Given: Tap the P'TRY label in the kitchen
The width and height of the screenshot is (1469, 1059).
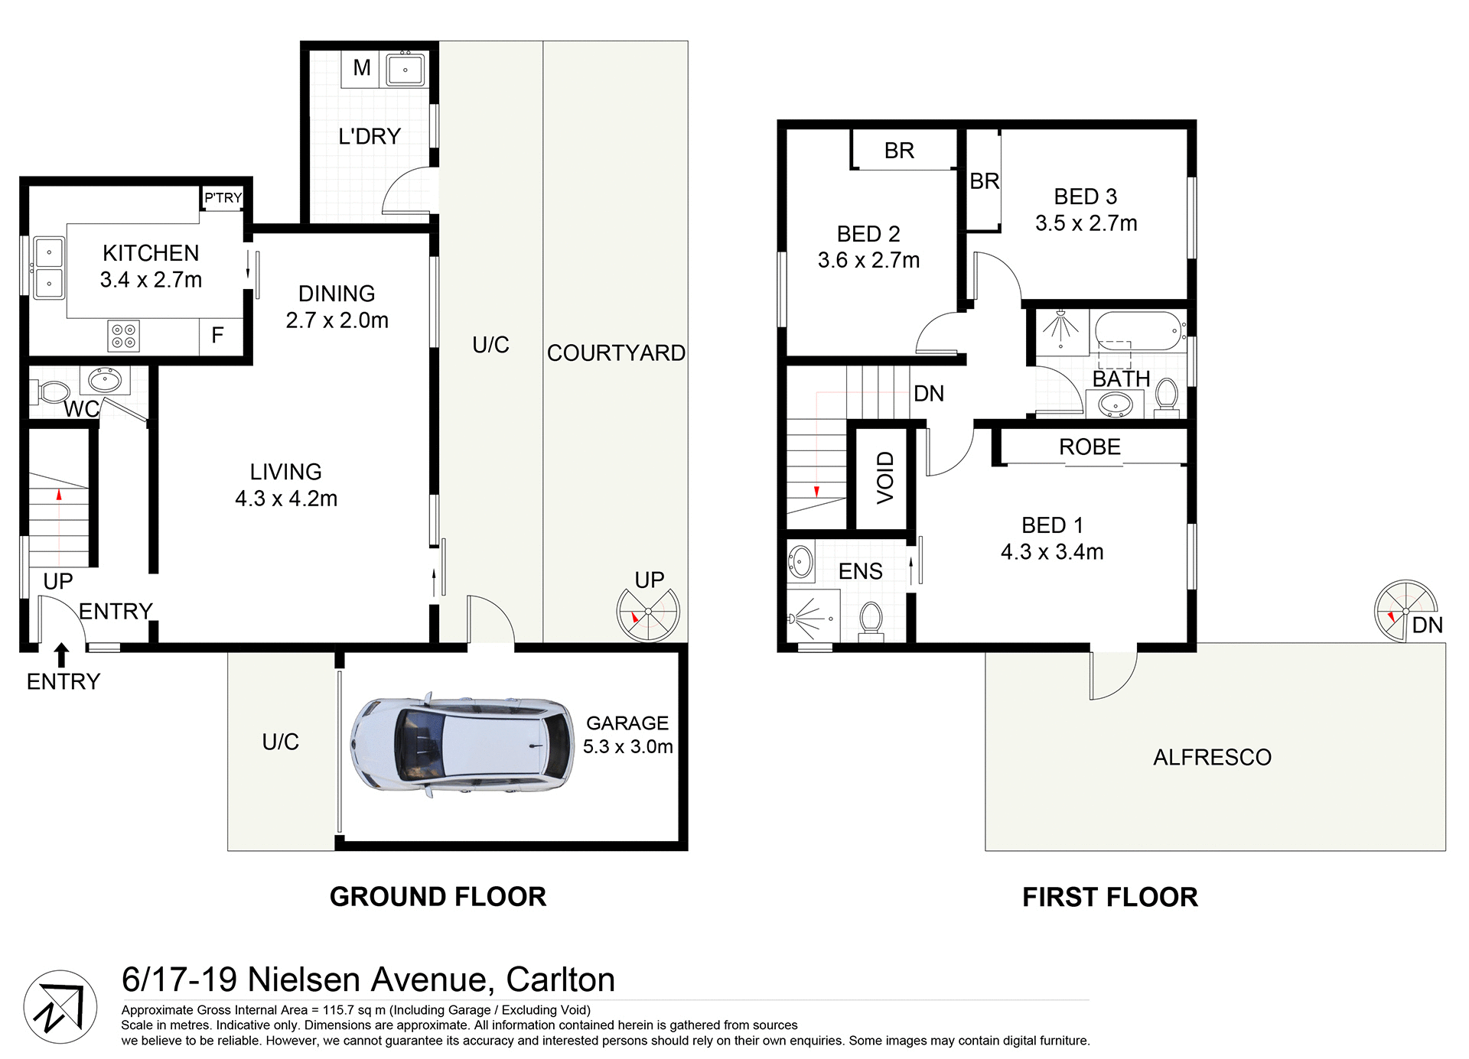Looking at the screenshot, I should coord(223,198).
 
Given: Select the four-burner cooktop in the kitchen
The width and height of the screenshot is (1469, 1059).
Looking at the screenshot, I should coord(124,335).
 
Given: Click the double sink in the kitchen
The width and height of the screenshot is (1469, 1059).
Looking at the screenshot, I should coord(49,268).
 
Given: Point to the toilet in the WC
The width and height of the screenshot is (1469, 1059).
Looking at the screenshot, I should coord(52,393).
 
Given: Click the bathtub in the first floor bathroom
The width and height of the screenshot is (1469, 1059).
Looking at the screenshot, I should coord(1135,330).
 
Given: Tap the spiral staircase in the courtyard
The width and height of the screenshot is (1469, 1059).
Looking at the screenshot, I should coord(648,613).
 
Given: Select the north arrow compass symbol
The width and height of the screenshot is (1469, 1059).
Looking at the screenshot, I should coord(60,1007).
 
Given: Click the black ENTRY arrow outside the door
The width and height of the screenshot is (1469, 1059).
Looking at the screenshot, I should coord(61,655).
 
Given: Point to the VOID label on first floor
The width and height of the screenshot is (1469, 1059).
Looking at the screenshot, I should coord(885,478).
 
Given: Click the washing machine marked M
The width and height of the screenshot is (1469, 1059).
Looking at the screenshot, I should coord(362,68).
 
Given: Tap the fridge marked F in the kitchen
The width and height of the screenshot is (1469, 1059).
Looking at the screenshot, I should coord(218,335).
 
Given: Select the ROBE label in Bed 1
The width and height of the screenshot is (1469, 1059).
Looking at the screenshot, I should coord(1090,447).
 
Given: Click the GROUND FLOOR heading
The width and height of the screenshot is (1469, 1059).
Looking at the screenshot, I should coord(438,897).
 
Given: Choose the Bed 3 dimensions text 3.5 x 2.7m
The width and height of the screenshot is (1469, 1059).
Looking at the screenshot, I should coord(1086,223).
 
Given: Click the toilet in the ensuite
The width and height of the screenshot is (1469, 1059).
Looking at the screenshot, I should coord(871,621).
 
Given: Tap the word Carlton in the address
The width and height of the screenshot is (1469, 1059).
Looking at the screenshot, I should coord(560,979).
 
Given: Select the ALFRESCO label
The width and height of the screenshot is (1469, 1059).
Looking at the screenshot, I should coord(1212,758).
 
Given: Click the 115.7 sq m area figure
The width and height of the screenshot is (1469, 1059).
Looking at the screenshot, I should coord(356,1010).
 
